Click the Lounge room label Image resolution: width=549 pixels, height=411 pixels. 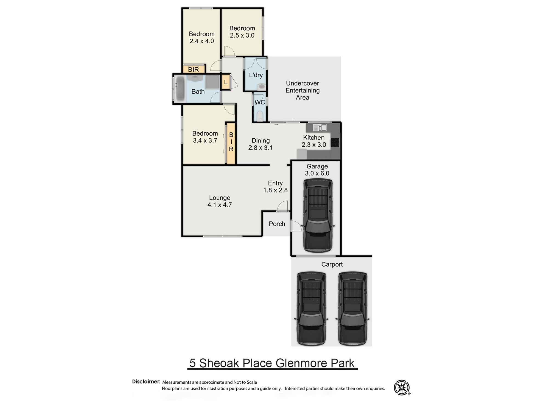tap(219, 198)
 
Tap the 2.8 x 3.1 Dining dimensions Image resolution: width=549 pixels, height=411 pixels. tap(260, 148)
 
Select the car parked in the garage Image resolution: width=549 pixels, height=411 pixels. tap(318, 215)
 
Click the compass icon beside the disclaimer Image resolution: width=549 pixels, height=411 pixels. tap(402, 387)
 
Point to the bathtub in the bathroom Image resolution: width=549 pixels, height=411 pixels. tap(180, 88)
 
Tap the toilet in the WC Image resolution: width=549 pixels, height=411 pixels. tap(260, 116)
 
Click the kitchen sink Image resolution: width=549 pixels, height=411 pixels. tap(320, 127)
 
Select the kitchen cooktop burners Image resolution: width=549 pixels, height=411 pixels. tap(335, 142)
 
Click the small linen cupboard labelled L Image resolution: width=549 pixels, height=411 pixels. tap(226, 82)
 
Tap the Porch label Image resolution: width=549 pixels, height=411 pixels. tap(277, 224)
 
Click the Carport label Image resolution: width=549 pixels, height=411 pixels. tap(332, 264)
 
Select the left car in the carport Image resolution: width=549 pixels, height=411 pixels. tap(311, 308)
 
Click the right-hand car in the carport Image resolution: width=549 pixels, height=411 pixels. tap(352, 308)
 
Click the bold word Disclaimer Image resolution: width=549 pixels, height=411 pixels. tap(146, 381)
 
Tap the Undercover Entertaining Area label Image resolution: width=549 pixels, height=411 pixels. tap(302, 90)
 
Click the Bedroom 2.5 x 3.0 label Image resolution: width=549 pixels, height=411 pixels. tap(242, 32)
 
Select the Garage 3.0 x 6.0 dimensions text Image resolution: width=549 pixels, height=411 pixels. tap(317, 173)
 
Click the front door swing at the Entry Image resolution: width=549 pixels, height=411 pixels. tap(283, 206)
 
